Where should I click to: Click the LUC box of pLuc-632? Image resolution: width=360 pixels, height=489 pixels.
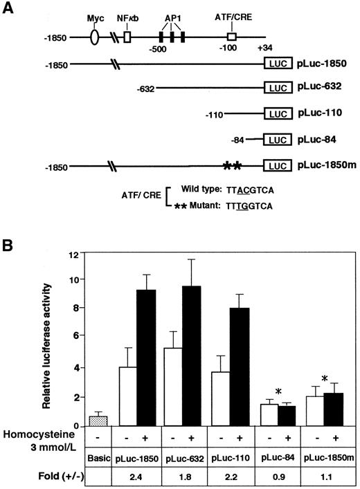[277, 89]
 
